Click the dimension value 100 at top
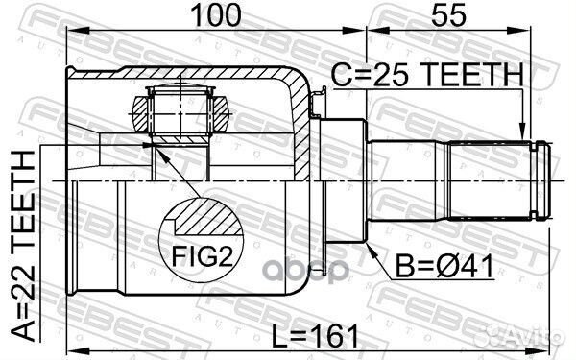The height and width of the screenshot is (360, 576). click(213, 15)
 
